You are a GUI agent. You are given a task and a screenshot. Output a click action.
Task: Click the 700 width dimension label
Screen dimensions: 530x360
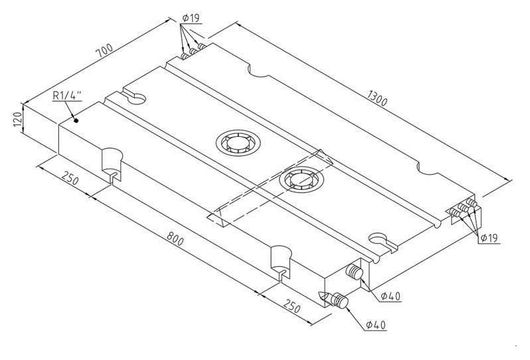coord(104,51)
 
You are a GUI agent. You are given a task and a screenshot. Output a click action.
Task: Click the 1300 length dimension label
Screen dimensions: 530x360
coord(377,98)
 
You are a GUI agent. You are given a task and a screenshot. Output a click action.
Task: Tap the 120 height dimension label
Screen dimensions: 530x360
coord(17,119)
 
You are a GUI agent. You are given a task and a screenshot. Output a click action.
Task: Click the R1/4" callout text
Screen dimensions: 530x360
coord(67,96)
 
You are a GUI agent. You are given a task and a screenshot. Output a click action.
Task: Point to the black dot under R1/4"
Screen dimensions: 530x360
coord(76,120)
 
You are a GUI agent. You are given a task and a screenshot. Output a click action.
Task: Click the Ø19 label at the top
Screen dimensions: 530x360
coord(191,18)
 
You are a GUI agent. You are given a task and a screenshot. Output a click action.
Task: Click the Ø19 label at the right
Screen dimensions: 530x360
coord(489,238)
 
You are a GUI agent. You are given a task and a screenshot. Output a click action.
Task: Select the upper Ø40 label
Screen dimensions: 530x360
coord(391,296)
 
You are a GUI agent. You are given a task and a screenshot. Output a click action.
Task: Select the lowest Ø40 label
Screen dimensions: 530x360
coord(375,325)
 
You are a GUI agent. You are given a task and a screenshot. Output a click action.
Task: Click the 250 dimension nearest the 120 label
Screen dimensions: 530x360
coord(70,178)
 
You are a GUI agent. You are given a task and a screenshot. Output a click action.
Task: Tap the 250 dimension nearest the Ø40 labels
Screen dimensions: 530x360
coord(292,306)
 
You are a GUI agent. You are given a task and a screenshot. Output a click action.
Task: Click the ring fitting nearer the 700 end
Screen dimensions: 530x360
coord(238,143)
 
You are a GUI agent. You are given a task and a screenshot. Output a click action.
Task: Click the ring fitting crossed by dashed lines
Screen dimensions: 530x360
coord(302,179)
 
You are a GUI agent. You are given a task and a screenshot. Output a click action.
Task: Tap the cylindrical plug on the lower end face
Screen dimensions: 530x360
coord(354,272)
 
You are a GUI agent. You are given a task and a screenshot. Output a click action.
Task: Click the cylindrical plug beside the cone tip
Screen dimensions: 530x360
coord(339,300)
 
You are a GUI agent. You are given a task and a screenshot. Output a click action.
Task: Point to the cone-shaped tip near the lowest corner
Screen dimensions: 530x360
coord(325,296)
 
